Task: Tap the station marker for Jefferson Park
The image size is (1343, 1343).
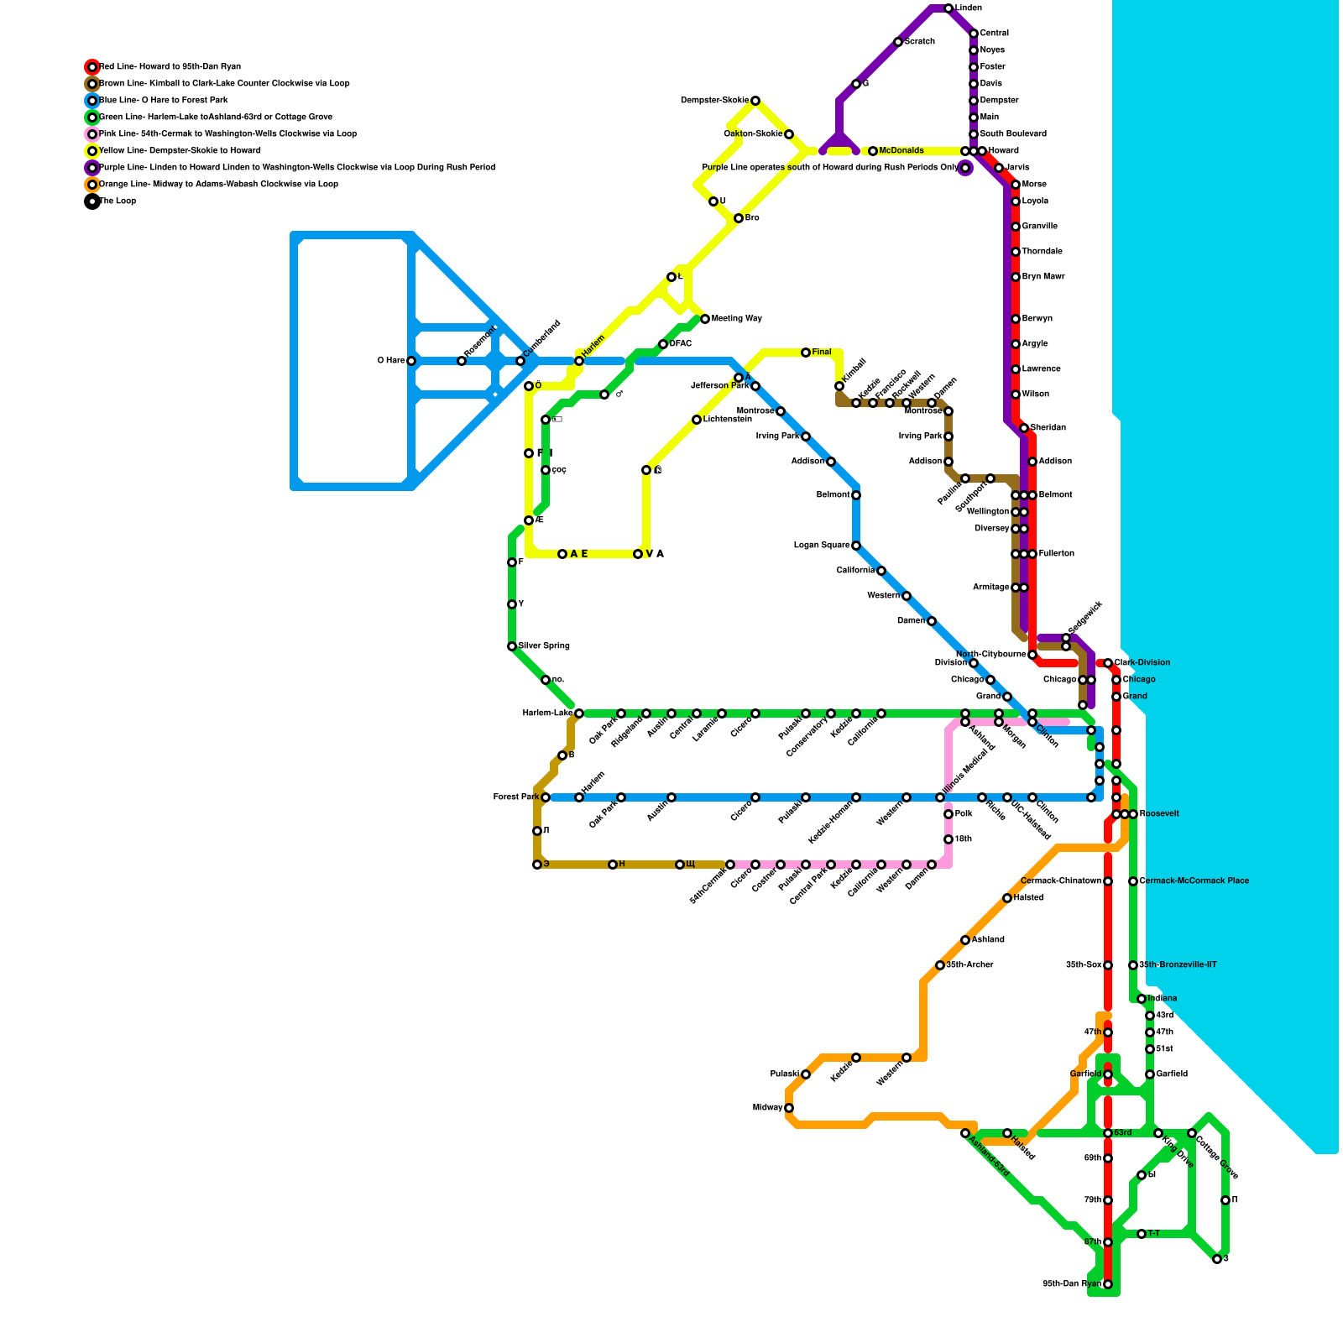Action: tap(755, 386)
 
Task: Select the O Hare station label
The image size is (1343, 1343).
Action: tap(391, 361)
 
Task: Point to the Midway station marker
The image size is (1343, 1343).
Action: tap(789, 1108)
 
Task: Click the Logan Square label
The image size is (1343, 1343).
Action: tap(822, 546)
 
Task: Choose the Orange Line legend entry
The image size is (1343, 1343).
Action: tap(218, 185)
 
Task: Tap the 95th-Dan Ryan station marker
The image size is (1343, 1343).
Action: tap(1108, 1284)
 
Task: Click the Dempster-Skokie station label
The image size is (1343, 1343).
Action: tap(714, 101)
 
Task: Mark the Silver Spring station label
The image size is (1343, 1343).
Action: tap(544, 646)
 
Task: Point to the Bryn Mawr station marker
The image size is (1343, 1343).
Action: tap(1016, 277)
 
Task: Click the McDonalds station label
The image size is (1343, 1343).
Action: tap(901, 151)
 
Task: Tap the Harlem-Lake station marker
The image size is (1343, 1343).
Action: tap(579, 713)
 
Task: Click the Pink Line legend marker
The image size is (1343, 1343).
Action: tap(92, 134)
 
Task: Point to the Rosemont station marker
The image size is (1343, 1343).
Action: tap(462, 361)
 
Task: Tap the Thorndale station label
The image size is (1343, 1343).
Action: tap(1042, 252)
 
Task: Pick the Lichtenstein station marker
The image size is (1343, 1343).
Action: tap(697, 420)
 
